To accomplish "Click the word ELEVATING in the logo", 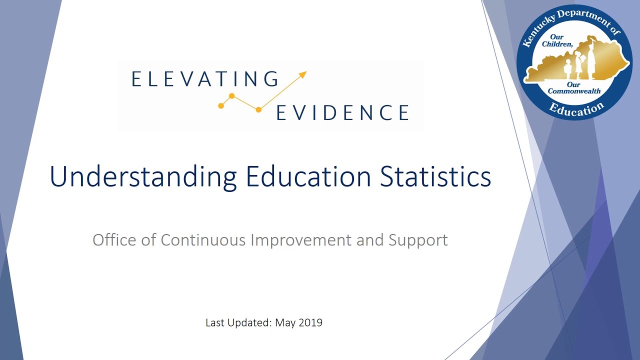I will (x=205, y=79).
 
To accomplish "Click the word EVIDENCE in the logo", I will (x=343, y=112).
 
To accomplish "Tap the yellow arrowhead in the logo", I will (x=302, y=75).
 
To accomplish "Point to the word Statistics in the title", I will (x=435, y=176).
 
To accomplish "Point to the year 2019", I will (x=310, y=322).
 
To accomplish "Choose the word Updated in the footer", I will (x=248, y=323).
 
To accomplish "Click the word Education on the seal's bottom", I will (x=576, y=109).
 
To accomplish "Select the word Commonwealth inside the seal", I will (x=574, y=91).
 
